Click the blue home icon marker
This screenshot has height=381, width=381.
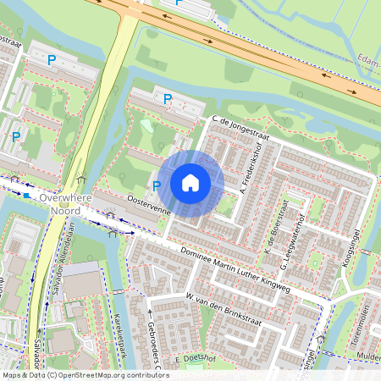click(x=190, y=183)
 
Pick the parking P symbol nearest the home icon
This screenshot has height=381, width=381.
click(x=157, y=185)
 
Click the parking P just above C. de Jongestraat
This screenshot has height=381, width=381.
click(x=168, y=100)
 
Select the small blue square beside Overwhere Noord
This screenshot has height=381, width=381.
click(x=27, y=196)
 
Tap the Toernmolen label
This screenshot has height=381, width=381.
click(x=365, y=325)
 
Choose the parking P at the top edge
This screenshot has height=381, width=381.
click(x=178, y=3)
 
